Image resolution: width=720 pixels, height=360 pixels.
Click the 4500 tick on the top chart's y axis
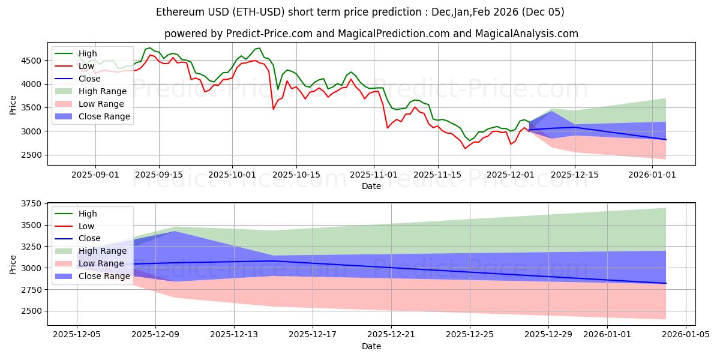[x=33, y=61]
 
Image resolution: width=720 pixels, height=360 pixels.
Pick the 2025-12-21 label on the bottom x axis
[x=391, y=334]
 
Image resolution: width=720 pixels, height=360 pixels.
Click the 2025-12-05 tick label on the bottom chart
[x=77, y=334]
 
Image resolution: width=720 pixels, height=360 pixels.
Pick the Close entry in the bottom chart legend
[x=90, y=238]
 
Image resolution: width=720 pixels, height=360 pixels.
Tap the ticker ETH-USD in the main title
[x=265, y=12]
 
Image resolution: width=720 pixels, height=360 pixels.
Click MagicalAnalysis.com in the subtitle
[x=526, y=34]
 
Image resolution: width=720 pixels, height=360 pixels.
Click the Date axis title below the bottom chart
[x=371, y=346]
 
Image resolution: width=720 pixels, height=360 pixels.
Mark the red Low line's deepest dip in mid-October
[x=274, y=109]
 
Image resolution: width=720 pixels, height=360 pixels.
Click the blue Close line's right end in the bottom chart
[x=666, y=283]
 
